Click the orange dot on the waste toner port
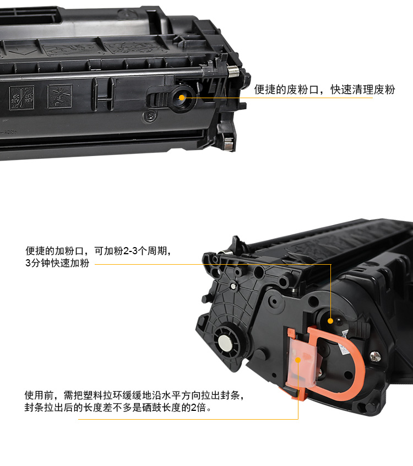(182, 98)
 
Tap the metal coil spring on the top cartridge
(233, 71)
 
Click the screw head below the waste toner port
(151, 115)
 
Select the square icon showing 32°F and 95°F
(21, 98)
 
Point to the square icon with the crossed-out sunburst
(60, 97)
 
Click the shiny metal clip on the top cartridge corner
(228, 144)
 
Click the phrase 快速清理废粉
(363, 89)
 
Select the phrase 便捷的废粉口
(286, 89)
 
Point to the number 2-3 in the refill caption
(131, 251)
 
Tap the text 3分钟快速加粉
(57, 263)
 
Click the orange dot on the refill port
(330, 321)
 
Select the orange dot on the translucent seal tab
(298, 360)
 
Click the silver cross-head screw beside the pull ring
(375, 356)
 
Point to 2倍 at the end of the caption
(198, 408)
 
